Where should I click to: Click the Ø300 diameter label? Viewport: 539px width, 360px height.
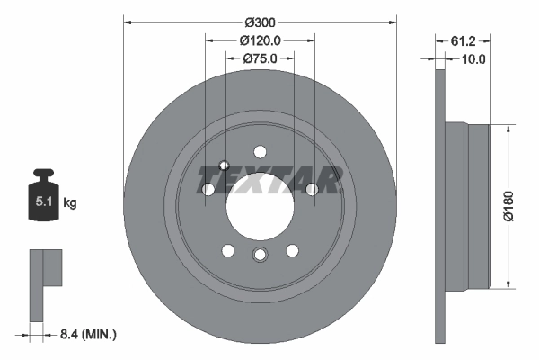click(x=260, y=22)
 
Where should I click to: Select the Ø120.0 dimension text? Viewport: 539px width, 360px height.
click(x=261, y=40)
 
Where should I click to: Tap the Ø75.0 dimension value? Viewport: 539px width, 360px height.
click(x=260, y=58)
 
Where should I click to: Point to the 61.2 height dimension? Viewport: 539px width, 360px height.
click(x=463, y=40)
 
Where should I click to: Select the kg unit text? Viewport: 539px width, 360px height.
click(x=69, y=203)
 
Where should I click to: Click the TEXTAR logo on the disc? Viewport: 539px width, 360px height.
click(x=269, y=180)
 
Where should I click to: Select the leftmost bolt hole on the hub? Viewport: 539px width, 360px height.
click(x=208, y=190)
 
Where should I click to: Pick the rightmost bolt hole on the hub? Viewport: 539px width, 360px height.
click(x=312, y=189)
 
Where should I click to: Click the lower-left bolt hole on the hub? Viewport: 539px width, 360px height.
click(x=227, y=251)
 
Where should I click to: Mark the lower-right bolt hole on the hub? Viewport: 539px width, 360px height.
click(x=292, y=251)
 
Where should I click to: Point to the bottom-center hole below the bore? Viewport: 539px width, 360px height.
click(x=260, y=256)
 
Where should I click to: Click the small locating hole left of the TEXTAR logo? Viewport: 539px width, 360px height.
click(x=225, y=166)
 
